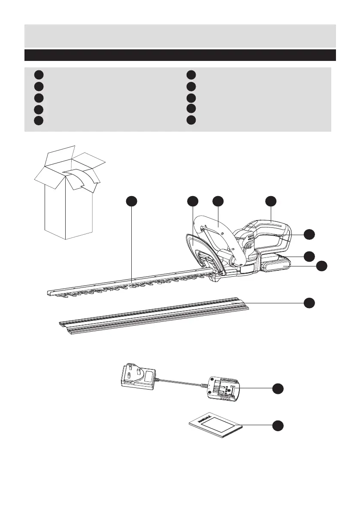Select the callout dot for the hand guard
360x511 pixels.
click(x=193, y=200)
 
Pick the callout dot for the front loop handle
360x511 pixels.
click(x=218, y=200)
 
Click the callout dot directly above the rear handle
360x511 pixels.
click(x=270, y=200)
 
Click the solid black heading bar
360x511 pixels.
click(x=180, y=55)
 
